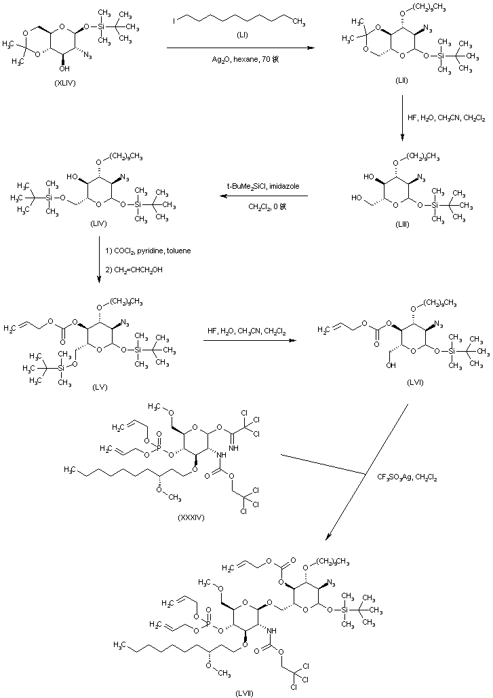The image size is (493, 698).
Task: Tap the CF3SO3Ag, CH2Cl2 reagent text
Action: click(407, 478)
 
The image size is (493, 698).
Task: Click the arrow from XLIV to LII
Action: click(241, 48)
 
